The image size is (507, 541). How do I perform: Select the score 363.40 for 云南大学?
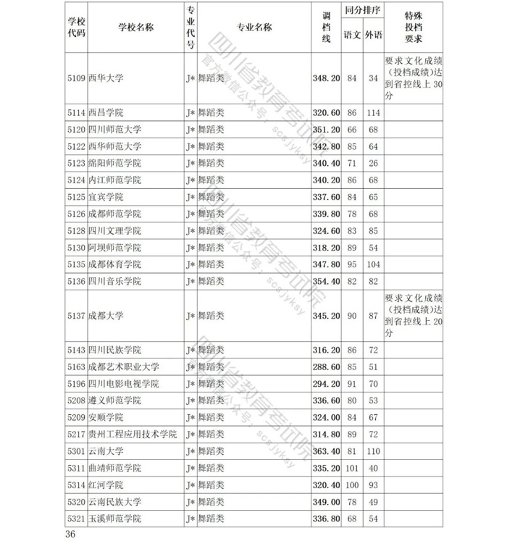tap(325, 451)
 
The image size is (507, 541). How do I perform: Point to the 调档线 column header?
tap(325, 28)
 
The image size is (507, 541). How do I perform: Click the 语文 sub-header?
tap(353, 35)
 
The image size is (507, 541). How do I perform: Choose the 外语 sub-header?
tap(373, 35)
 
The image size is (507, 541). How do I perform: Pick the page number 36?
tap(70, 534)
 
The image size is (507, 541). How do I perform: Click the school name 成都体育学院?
tap(114, 264)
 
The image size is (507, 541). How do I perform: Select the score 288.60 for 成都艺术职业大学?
tap(325, 366)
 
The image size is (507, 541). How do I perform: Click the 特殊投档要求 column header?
tap(414, 28)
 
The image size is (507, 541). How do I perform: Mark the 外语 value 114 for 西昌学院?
tap(373, 112)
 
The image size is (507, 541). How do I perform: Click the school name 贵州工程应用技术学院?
tap(133, 434)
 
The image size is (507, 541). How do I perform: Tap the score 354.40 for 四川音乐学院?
tap(325, 281)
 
